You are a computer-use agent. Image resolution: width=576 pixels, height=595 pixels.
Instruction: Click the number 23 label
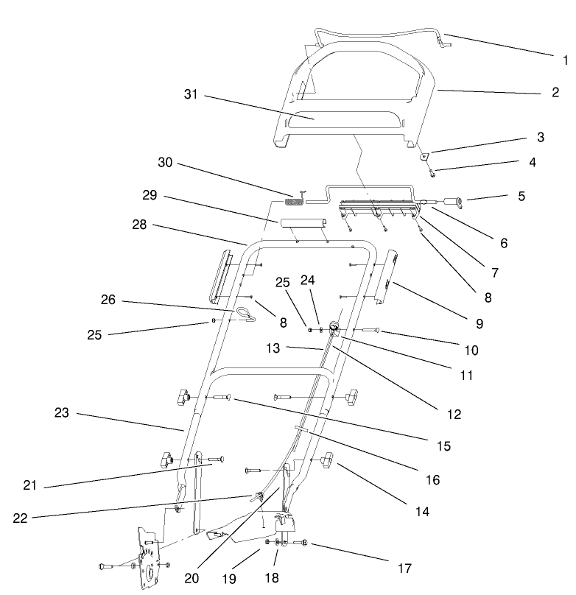[x=61, y=413]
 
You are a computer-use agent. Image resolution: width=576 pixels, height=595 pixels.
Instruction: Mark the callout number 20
[x=192, y=578]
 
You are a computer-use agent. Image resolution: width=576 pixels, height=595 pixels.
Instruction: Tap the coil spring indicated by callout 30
[x=294, y=201]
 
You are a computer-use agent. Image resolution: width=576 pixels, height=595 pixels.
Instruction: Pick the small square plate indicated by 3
[x=424, y=155]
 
